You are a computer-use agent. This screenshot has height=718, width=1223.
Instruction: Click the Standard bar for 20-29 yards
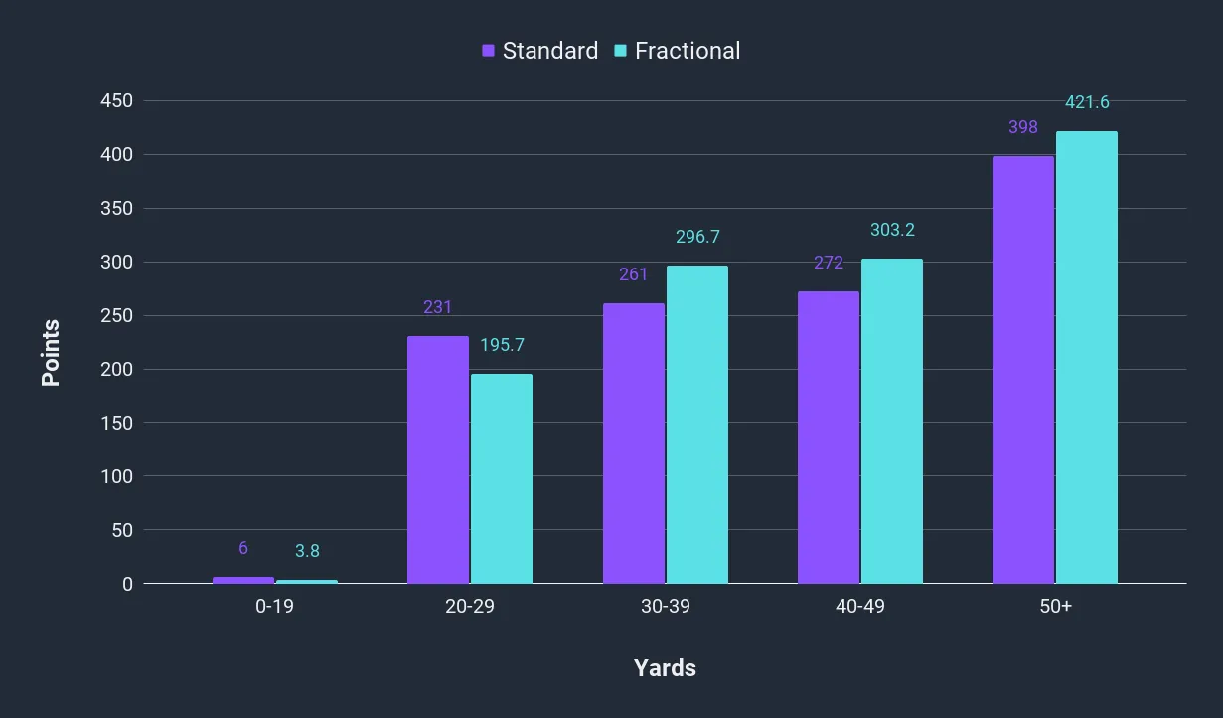coord(438,459)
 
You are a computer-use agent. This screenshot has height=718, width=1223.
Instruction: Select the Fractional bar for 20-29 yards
coord(502,478)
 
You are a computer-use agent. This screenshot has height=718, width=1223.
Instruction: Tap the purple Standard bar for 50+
coord(1023,370)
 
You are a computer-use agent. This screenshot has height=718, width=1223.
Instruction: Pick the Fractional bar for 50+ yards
coord(1087,357)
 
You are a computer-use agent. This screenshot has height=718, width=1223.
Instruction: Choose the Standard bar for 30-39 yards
coord(634,444)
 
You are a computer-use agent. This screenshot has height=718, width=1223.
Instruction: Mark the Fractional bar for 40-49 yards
coord(892,421)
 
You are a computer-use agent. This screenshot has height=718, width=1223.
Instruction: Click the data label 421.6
coord(1087,102)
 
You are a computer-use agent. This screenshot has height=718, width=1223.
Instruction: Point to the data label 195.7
coord(502,345)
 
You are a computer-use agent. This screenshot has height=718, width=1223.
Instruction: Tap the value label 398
coord(1022,127)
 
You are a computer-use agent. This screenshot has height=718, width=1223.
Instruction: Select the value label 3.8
coord(306,551)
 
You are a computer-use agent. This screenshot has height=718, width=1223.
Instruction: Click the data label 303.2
coord(892,230)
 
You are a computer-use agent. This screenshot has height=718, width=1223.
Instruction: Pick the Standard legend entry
coord(539,51)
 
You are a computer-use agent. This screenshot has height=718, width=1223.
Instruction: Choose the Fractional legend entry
coord(677,51)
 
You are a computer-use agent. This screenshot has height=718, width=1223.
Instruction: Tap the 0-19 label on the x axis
coord(274,607)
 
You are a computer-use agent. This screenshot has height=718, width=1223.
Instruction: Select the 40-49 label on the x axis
coord(860,607)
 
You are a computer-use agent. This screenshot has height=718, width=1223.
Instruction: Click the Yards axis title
coord(665,668)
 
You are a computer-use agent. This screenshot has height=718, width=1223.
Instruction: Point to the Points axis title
coord(51,353)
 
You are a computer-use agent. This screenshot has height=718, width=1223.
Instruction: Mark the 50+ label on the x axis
coord(1055,607)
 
